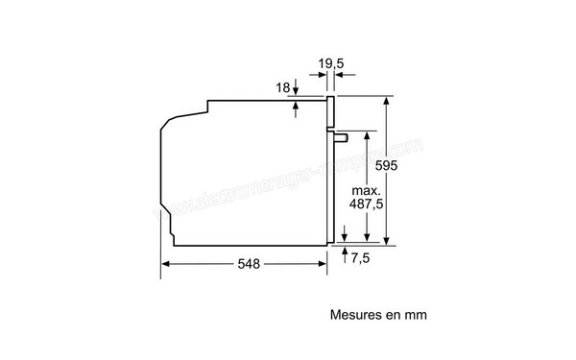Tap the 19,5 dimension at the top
tap(331, 65)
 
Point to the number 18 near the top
tap(282, 87)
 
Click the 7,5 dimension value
tap(361, 257)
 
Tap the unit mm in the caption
tap(415, 314)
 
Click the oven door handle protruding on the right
tap(341, 138)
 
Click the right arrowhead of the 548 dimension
tap(326, 264)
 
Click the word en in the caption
tap(391, 314)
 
